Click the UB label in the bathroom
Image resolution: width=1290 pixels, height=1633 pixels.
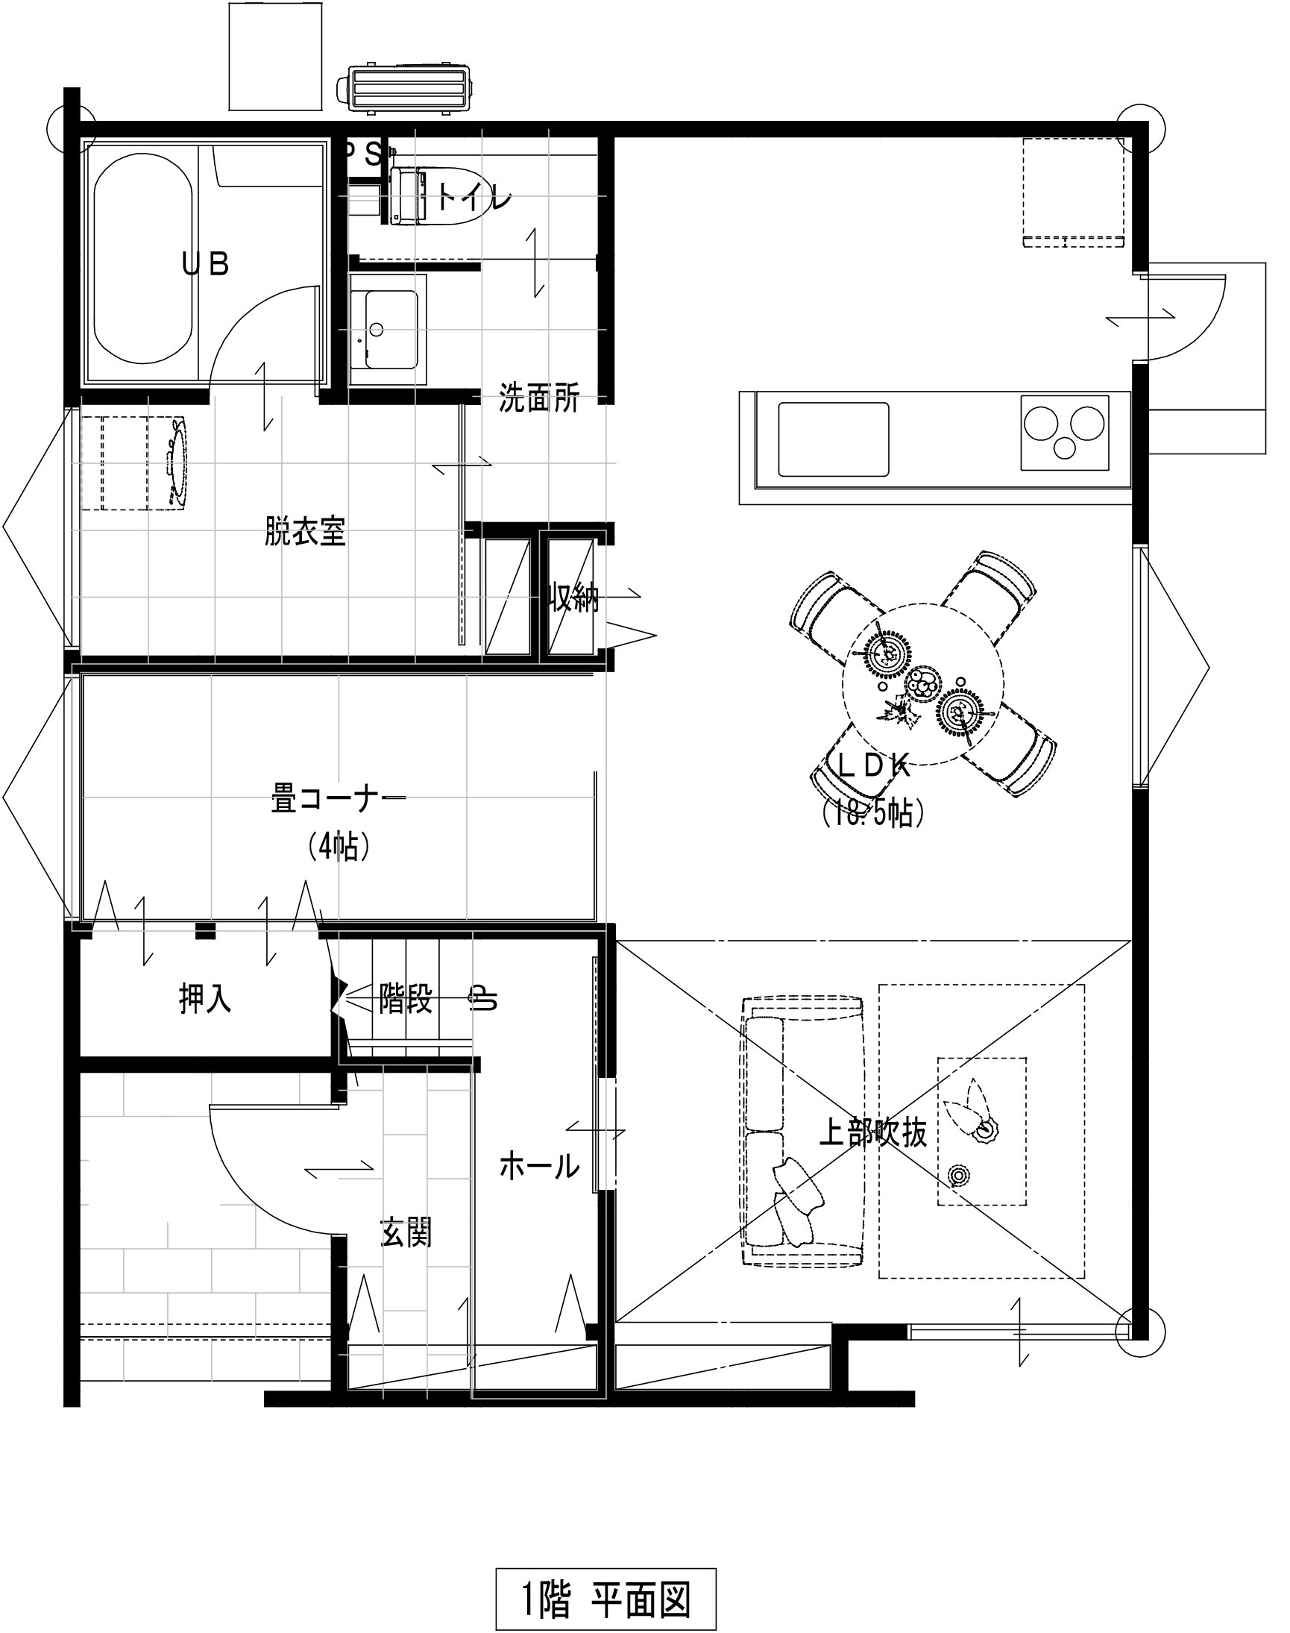(x=207, y=264)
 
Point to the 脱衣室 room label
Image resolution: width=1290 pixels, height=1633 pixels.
(x=305, y=531)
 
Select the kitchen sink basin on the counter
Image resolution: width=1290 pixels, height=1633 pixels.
(x=833, y=439)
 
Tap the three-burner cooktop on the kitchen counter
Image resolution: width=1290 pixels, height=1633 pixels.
(x=1065, y=432)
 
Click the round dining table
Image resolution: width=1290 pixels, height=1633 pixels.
(x=923, y=684)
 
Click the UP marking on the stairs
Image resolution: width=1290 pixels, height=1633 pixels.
(x=484, y=999)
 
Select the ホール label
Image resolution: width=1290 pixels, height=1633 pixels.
(x=539, y=1167)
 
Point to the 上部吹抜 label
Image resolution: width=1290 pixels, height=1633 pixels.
(x=873, y=1132)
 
